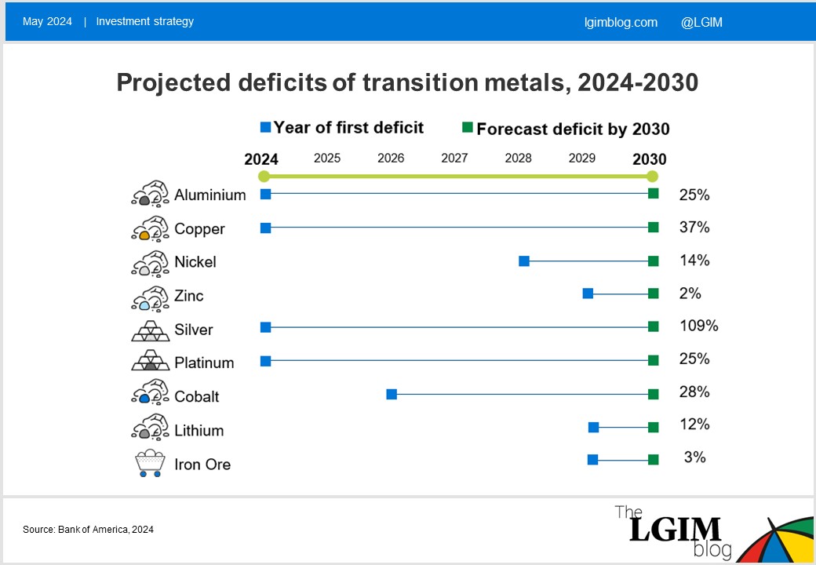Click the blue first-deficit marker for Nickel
524,261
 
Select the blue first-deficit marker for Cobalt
392,394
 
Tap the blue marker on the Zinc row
588,293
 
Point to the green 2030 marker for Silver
653,327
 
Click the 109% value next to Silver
698,326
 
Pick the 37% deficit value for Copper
694,228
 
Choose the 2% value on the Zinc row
690,293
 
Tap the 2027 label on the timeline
454,159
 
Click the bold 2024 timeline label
261,159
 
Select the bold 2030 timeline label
650,159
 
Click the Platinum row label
204,363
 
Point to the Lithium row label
199,430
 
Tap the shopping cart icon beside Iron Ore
150,464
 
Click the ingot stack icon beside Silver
150,330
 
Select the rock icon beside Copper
150,228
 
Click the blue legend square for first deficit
265,128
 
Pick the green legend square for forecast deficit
467,128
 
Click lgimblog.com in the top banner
621,22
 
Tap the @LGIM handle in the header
701,22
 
